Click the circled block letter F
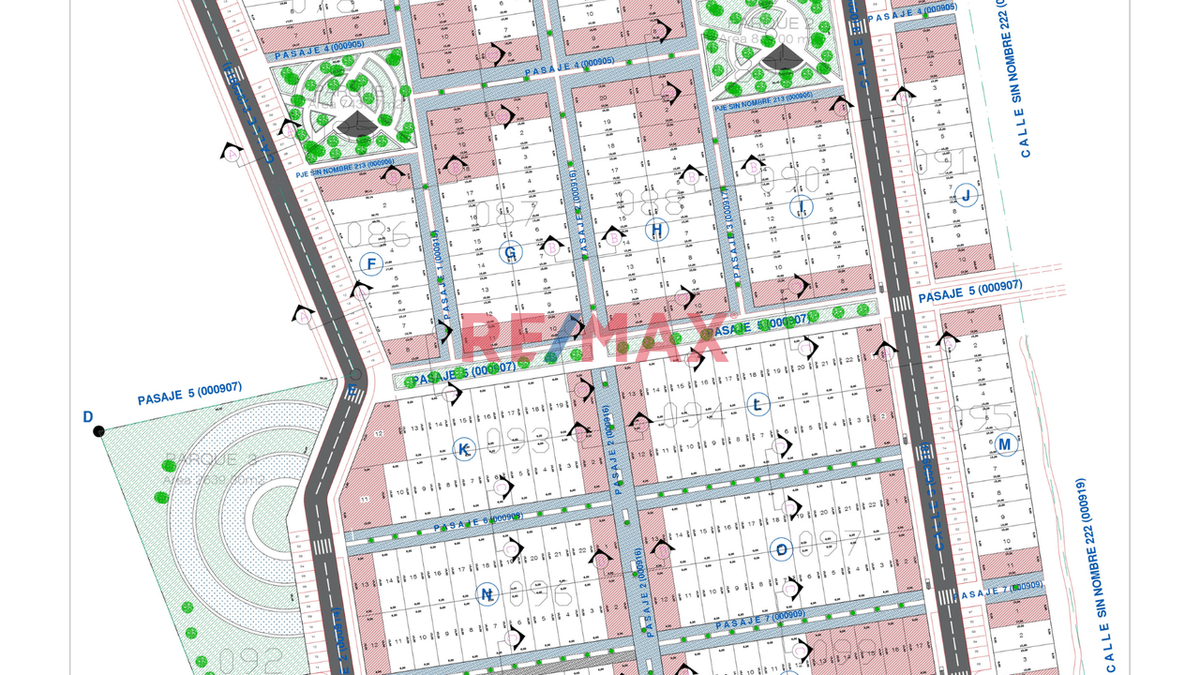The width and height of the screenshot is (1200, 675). pyautogui.click(x=371, y=264)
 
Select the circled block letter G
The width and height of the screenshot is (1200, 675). pyautogui.click(x=511, y=252)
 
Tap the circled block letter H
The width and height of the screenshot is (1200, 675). pyautogui.click(x=657, y=230)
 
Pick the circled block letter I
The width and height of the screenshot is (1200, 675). pyautogui.click(x=801, y=207)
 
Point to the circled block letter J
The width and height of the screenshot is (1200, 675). pyautogui.click(x=966, y=196)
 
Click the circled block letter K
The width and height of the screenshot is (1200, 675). pyautogui.click(x=463, y=450)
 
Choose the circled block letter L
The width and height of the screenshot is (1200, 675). pyautogui.click(x=757, y=405)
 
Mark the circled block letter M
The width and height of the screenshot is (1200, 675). pyautogui.click(x=1005, y=444)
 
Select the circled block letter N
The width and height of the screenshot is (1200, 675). pyautogui.click(x=487, y=594)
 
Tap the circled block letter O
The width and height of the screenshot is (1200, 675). pyautogui.click(x=782, y=550)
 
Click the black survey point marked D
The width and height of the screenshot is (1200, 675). pyautogui.click(x=98, y=431)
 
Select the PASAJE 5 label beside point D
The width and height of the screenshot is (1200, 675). pyautogui.click(x=190, y=394)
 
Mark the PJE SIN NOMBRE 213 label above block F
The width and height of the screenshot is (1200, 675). pyautogui.click(x=343, y=167)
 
